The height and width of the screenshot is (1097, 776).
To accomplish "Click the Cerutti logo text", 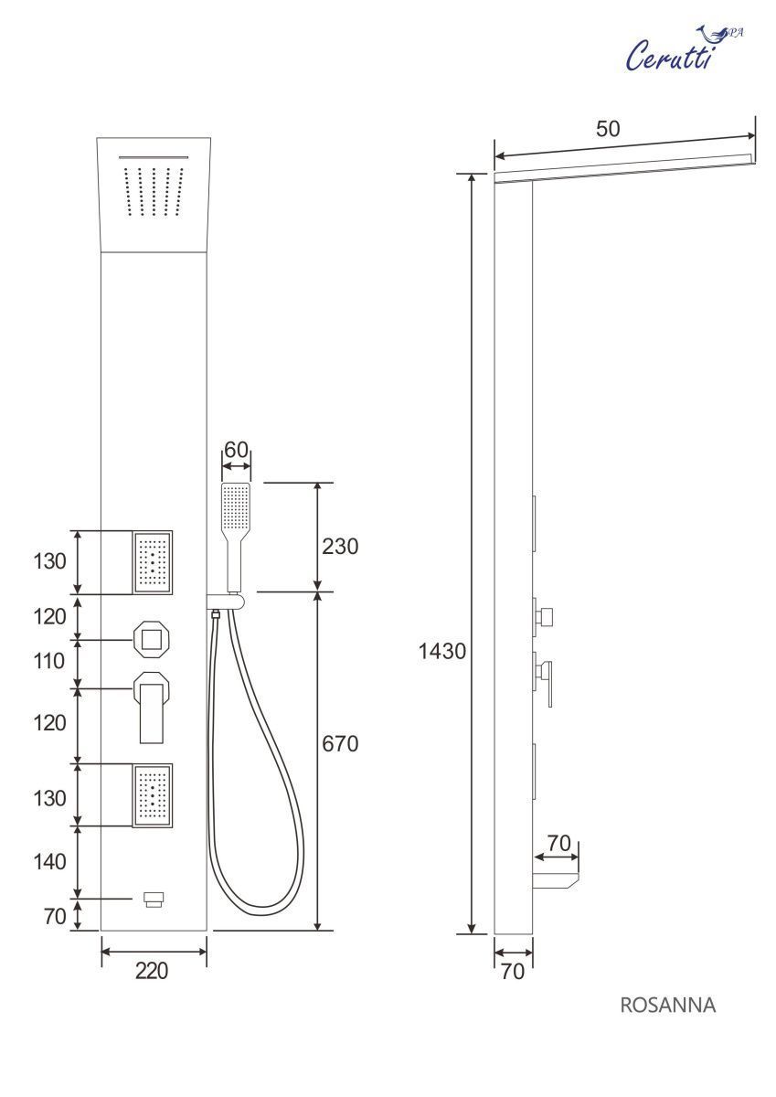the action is [x=669, y=56].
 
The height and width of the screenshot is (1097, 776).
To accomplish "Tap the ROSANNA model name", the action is [x=668, y=1006].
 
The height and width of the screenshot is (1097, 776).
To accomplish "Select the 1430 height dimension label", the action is [x=441, y=651].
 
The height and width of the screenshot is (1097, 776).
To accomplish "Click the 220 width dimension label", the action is [x=152, y=971].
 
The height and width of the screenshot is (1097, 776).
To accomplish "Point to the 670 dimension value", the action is [x=340, y=744].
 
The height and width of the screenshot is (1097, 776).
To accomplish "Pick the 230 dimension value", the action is [x=340, y=547].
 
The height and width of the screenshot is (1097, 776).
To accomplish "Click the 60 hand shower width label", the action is [x=236, y=450].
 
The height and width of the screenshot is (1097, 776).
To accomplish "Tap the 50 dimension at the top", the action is [x=608, y=129].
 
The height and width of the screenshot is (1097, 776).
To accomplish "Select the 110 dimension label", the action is [x=49, y=662].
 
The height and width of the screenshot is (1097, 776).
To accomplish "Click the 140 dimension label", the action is [x=49, y=862].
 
